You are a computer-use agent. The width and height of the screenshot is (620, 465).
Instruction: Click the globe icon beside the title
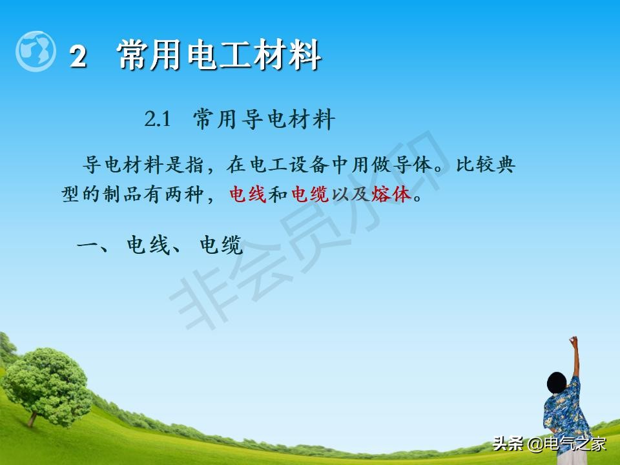pyautogui.click(x=36, y=51)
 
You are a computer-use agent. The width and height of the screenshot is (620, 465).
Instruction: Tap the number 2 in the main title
pyautogui.click(x=78, y=57)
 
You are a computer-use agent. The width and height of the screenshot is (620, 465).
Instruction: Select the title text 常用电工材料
pyautogui.click(x=220, y=55)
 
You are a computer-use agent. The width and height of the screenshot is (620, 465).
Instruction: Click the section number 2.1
pyautogui.click(x=157, y=119)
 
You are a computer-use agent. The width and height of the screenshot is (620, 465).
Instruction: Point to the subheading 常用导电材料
pyautogui.click(x=264, y=120)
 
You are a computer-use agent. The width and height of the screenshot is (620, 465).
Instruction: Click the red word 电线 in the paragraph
pyautogui.click(x=248, y=194)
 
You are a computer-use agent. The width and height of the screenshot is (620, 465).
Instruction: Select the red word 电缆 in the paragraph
pyautogui.click(x=311, y=194)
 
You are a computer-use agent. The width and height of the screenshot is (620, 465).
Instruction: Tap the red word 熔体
pyautogui.click(x=391, y=194)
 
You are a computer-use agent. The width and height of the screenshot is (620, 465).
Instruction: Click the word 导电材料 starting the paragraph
pyautogui.click(x=122, y=165)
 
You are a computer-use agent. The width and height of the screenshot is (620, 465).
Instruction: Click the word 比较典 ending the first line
pyautogui.click(x=485, y=165)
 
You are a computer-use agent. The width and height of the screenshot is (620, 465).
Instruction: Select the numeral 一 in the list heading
pyautogui.click(x=88, y=245)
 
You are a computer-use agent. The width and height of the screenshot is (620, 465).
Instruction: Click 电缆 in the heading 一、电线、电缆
pyautogui.click(x=221, y=245)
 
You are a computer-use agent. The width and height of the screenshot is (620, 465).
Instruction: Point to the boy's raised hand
pyautogui.click(x=573, y=340)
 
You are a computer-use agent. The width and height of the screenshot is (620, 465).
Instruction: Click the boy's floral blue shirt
pyautogui.click(x=564, y=413)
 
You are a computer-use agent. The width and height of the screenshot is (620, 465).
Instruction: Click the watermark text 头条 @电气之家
pyautogui.click(x=550, y=444)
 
